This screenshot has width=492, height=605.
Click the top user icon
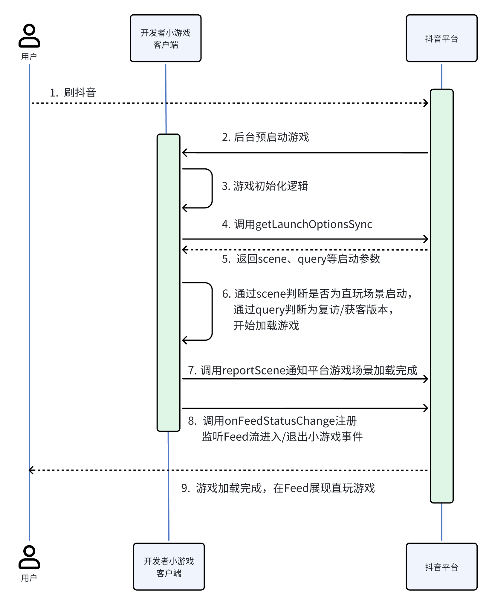click(29, 36)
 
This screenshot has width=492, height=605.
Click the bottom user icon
click(29, 557)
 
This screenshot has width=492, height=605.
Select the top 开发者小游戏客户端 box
click(166, 38)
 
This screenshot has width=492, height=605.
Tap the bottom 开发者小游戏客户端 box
click(169, 566)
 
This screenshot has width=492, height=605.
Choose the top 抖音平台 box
click(441, 38)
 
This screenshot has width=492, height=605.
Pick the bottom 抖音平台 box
click(441, 566)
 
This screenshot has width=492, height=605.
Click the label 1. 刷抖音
click(73, 93)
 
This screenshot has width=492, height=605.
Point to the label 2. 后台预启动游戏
click(265, 137)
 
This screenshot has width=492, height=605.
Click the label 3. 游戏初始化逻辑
click(265, 186)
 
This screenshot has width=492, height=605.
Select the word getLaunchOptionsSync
click(314, 224)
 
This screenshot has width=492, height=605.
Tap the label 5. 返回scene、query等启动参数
click(301, 259)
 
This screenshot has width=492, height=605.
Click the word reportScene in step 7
click(254, 370)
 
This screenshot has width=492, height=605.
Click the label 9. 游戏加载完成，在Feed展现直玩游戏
click(278, 488)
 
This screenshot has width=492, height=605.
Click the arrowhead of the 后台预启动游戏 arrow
click(184, 153)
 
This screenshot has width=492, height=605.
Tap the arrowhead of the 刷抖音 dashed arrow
click(426, 103)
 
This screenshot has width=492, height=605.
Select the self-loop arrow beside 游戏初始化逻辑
click(212, 188)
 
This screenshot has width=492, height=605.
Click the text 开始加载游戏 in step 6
click(266, 325)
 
